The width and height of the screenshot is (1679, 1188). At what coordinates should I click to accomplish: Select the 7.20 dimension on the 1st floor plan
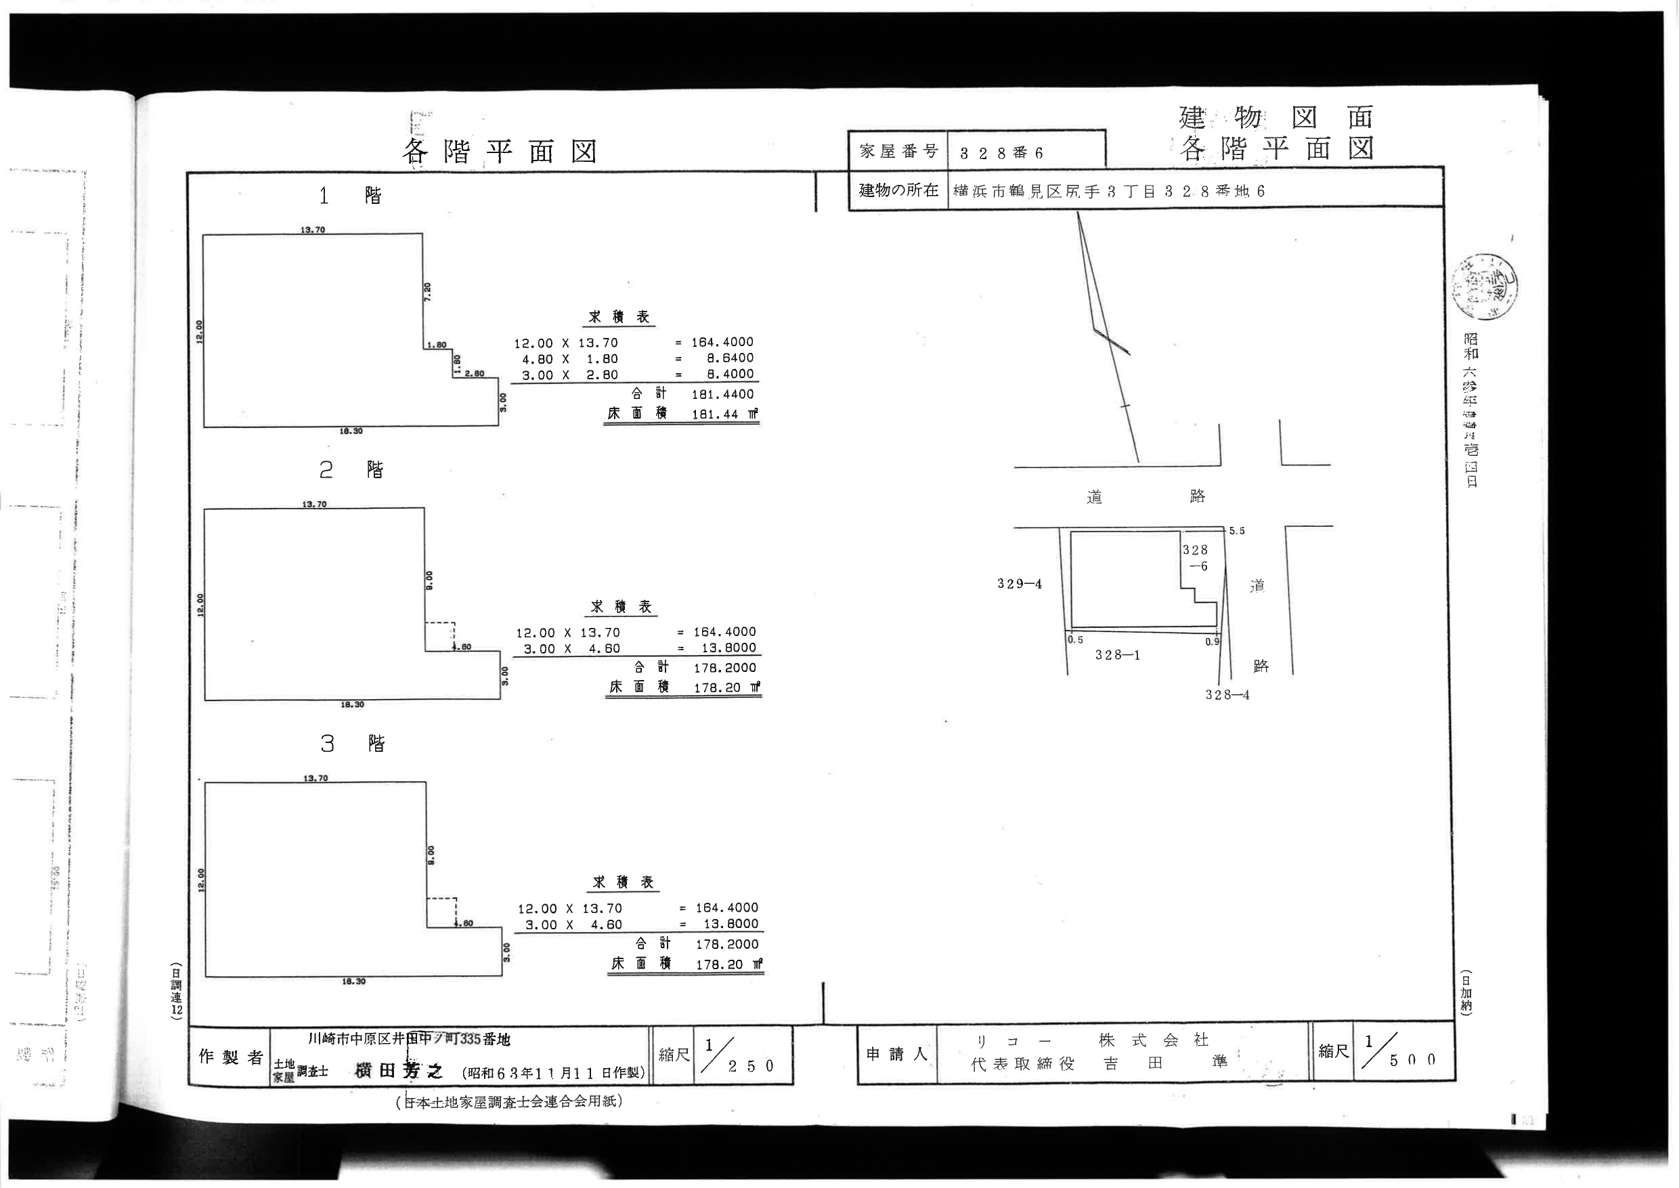click(428, 291)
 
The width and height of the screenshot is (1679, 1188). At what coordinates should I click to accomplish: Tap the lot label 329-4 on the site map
click(1020, 584)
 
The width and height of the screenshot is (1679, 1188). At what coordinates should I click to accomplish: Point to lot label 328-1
click(1117, 655)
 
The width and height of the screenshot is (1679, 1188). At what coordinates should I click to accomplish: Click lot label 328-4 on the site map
click(1227, 695)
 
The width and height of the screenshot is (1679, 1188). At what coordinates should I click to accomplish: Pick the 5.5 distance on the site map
click(1237, 531)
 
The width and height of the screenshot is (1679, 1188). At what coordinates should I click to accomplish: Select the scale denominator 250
click(750, 1066)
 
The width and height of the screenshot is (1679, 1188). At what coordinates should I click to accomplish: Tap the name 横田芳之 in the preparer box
click(399, 1071)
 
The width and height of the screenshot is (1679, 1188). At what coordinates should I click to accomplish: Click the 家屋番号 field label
click(898, 152)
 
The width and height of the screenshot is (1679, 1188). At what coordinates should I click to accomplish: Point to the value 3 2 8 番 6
click(1001, 154)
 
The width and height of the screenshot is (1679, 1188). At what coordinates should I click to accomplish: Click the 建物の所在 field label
click(898, 190)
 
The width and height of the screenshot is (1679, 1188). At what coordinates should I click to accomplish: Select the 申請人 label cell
click(896, 1054)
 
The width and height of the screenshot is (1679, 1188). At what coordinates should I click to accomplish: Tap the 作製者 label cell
click(230, 1057)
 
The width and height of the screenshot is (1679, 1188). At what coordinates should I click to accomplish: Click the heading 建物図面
click(1276, 117)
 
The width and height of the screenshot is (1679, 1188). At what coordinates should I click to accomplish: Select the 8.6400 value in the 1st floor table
click(730, 358)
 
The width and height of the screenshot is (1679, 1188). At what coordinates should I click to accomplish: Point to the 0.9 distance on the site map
click(1213, 641)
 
